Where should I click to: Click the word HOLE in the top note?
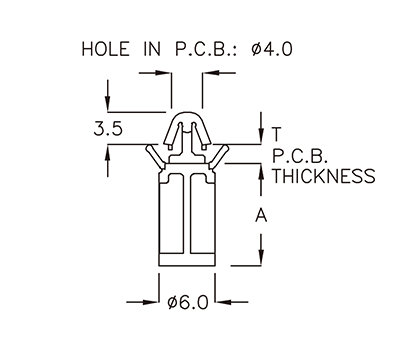tap(102, 47)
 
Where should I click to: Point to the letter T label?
tap(277, 134)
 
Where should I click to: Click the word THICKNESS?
tap(323, 177)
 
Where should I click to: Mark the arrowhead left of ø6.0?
tap(152, 303)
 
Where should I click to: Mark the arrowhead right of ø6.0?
tap(225, 303)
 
